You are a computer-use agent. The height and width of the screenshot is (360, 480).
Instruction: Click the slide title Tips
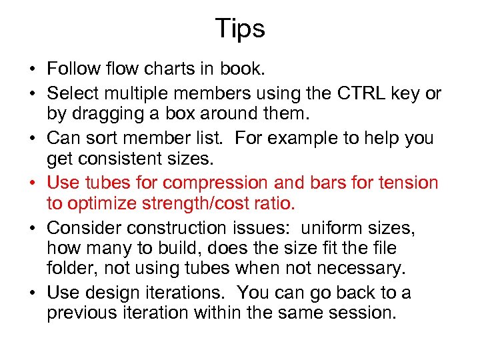240,28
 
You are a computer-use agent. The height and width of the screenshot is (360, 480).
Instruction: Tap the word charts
175,69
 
